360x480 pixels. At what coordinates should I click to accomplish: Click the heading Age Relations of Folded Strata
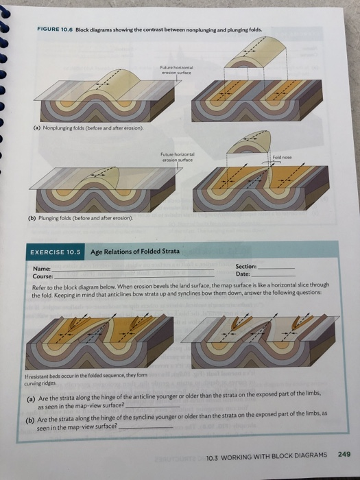click(134, 252)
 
